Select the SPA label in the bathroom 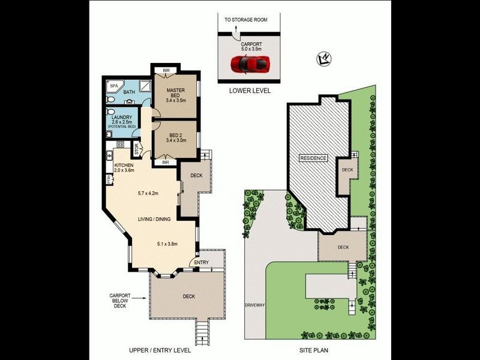(x=113, y=86)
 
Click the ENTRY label (x=202, y=262)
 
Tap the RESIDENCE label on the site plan (x=313, y=158)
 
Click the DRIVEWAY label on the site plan (x=255, y=306)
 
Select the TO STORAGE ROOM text (x=246, y=20)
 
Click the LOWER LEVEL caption (x=250, y=91)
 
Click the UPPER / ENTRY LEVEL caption (x=160, y=350)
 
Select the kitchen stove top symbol (x=120, y=145)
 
